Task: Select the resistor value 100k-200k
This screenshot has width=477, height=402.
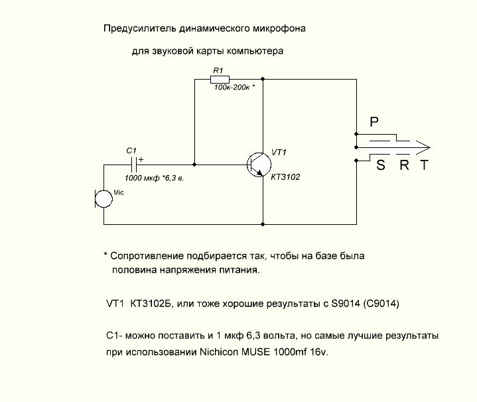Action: pyautogui.click(x=232, y=88)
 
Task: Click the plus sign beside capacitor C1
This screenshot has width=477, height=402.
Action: pyautogui.click(x=140, y=159)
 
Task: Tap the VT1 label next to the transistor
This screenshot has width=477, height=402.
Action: pyautogui.click(x=279, y=153)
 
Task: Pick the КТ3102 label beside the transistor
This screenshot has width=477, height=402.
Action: pyautogui.click(x=286, y=177)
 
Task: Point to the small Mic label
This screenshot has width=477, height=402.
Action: pyautogui.click(x=119, y=192)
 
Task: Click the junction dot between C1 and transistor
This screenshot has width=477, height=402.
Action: pyautogui.click(x=194, y=164)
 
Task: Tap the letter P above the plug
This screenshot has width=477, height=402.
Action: pyautogui.click(x=374, y=123)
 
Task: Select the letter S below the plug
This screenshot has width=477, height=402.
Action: pyautogui.click(x=380, y=166)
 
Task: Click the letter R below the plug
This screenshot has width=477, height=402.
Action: pyautogui.click(x=404, y=166)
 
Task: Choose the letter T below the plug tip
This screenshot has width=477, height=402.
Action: pyautogui.click(x=424, y=166)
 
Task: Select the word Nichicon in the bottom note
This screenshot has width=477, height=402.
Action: pyautogui.click(x=218, y=352)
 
